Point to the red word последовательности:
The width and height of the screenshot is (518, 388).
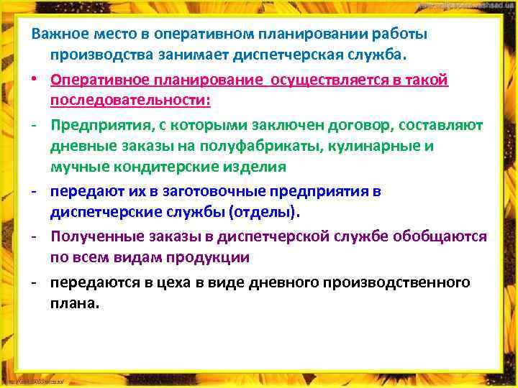(131, 101)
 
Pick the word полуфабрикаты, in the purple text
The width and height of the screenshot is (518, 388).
(255, 146)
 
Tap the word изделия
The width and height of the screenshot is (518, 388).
(263, 167)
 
